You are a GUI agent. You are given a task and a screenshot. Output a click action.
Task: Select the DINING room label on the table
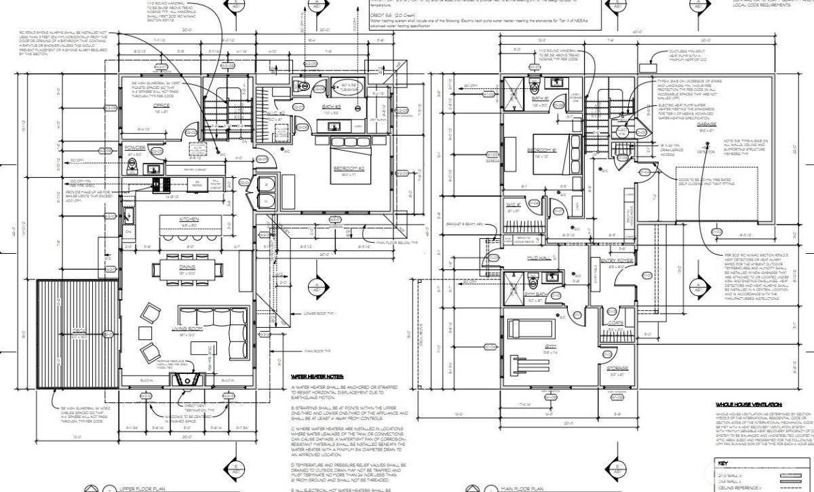188,267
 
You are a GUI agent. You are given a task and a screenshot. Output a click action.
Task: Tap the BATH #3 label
331,109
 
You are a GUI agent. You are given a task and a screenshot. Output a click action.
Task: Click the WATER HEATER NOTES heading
317,376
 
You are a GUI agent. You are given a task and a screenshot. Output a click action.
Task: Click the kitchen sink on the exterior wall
127,216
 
